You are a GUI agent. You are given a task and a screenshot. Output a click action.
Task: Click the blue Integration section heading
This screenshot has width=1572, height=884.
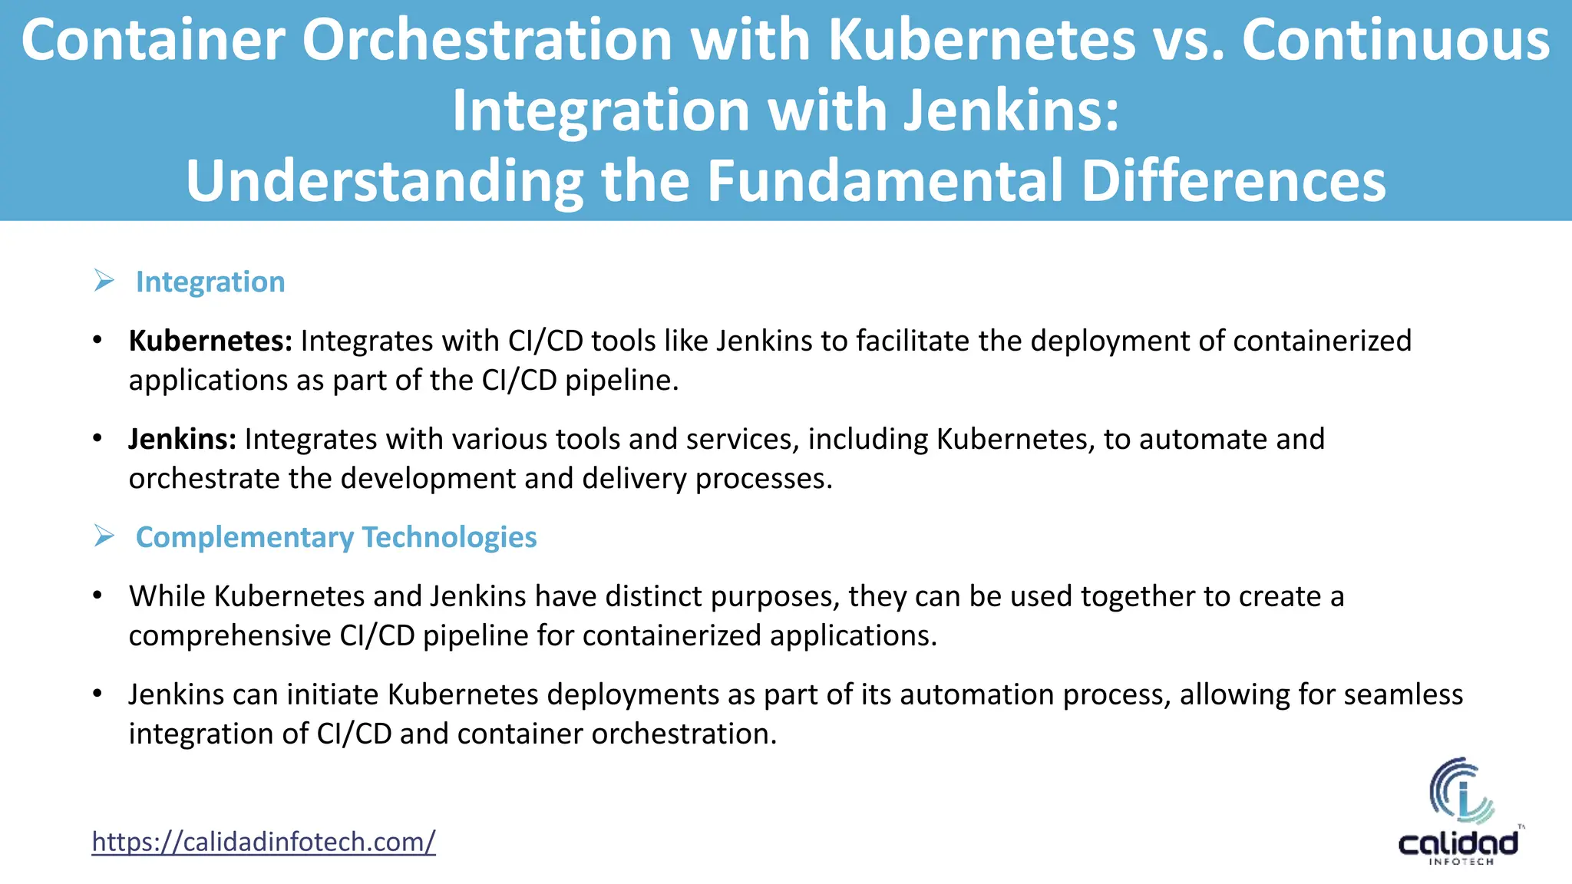[210, 282]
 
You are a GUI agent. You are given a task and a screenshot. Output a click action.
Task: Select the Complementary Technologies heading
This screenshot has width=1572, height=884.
[336, 537]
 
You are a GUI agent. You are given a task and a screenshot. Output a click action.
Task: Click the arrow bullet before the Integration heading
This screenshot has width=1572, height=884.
[104, 281]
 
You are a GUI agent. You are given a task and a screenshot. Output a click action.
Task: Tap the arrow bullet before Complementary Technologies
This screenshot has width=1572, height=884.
[104, 536]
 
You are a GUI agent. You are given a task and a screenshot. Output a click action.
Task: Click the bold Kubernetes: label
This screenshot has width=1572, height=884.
[210, 341]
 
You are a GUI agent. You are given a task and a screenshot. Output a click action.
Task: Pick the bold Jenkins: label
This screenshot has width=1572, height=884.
[183, 439]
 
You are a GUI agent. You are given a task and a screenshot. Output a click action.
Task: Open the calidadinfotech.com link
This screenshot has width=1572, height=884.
[263, 842]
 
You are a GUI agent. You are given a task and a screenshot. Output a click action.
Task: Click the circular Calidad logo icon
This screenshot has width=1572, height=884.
[1460, 790]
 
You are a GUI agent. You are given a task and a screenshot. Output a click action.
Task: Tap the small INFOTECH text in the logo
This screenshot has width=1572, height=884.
[1461, 862]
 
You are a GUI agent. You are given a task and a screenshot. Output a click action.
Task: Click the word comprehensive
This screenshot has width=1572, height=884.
[230, 636]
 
